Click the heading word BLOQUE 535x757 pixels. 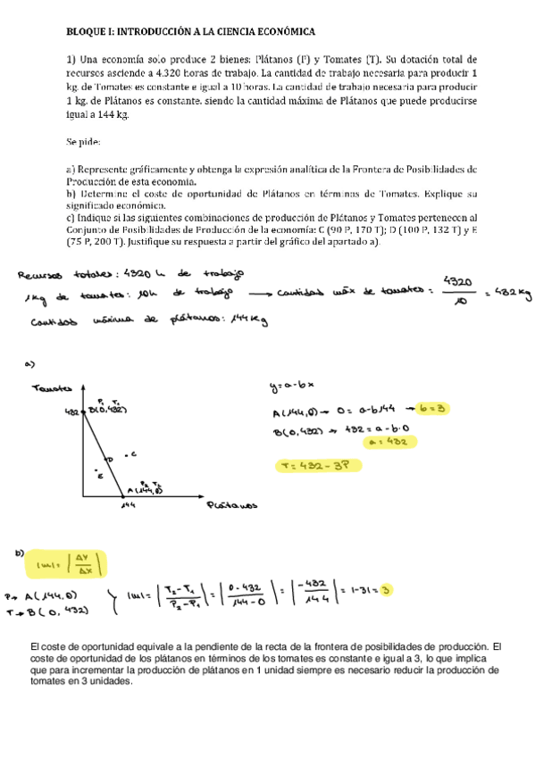[x=86, y=31]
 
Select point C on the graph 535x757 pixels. [x=131, y=454]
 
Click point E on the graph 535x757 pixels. [x=100, y=476]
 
